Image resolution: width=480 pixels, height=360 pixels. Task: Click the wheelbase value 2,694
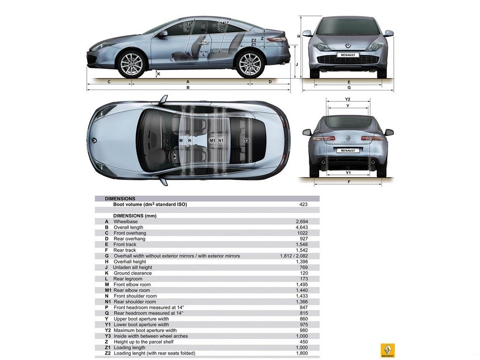(302, 222)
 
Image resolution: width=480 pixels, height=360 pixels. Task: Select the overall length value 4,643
(302, 227)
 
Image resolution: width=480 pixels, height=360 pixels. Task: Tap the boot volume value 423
(303, 204)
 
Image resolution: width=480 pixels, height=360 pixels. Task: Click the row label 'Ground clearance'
(133, 273)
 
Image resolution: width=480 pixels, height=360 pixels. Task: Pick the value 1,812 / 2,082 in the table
(294, 256)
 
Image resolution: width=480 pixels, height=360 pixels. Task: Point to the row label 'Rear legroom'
(127, 279)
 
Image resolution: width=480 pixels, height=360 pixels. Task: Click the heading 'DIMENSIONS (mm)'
(135, 216)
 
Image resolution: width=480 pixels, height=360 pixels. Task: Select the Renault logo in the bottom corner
(387, 350)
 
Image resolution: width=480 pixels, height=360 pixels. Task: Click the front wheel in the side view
(131, 64)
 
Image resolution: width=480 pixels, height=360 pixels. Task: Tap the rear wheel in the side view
(250, 64)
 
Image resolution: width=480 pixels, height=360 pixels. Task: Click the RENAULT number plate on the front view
(348, 55)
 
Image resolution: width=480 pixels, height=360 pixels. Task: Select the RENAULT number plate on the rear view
(348, 150)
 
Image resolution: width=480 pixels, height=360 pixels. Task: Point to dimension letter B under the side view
(188, 88)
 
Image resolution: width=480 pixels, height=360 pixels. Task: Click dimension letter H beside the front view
(299, 37)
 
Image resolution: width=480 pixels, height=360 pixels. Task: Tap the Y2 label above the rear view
(347, 99)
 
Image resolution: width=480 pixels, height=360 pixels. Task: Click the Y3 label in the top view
(247, 140)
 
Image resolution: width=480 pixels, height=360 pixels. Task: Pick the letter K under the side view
(158, 74)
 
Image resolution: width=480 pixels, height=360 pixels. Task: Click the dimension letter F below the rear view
(349, 182)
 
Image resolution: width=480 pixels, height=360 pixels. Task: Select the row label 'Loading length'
(129, 347)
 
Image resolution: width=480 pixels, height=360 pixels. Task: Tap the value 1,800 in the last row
(302, 353)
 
